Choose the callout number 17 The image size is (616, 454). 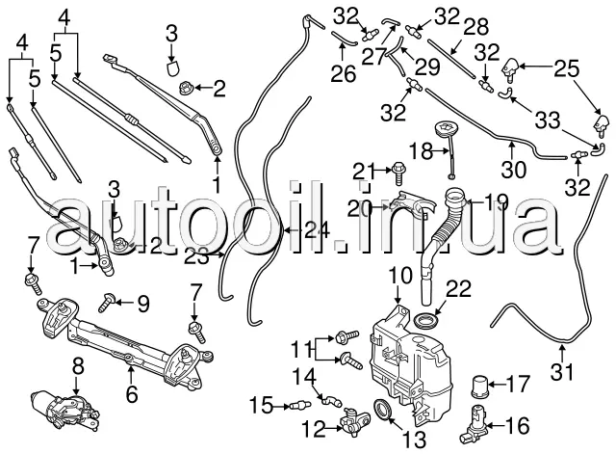coord(517,383)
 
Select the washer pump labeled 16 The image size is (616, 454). coord(478,420)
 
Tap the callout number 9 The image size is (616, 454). coord(142,304)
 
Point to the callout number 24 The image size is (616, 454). coord(310,230)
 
